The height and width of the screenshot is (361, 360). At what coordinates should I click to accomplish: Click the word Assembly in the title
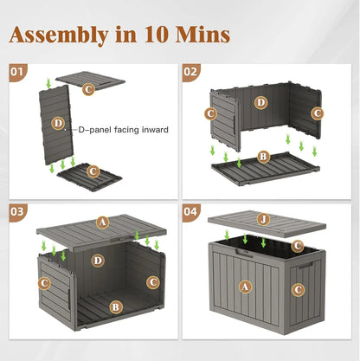[x=66, y=34]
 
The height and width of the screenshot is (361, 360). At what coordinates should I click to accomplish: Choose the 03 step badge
[x=17, y=210]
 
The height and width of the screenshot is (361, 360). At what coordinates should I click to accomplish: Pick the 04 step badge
[x=191, y=210]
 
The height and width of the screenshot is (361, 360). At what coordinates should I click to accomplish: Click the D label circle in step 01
[x=58, y=124]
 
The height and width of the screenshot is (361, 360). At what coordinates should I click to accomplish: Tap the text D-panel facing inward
[x=123, y=130]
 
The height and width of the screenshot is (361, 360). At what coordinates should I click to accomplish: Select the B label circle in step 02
[x=263, y=158]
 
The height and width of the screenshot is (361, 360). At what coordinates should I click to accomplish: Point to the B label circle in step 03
[x=116, y=306]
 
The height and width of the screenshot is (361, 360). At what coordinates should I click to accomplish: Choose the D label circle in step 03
[x=99, y=260]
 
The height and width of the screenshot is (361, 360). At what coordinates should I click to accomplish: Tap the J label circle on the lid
[x=262, y=218]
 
